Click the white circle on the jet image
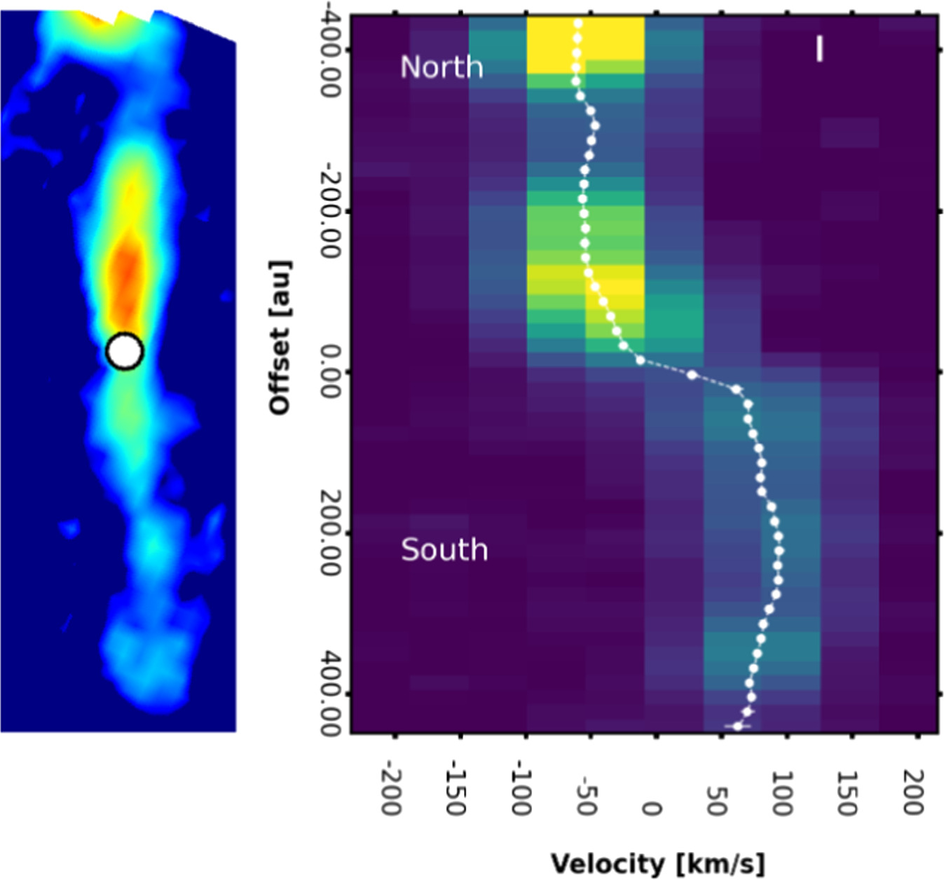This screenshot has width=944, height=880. pos(125,351)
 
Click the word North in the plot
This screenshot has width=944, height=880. pos(442,67)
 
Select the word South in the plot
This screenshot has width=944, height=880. pos(444,550)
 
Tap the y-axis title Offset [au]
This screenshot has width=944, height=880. pos(280,338)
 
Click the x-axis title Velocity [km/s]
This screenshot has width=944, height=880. pos(657,863)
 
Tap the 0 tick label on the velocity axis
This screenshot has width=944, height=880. pos(651,809)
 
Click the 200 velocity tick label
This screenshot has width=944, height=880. pos(912,792)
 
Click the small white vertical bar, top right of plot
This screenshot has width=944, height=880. pos(819,49)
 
